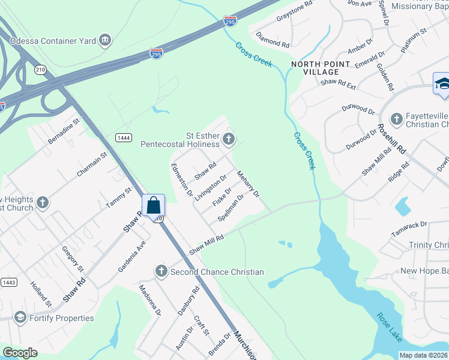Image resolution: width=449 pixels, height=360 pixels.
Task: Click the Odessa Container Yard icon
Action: coord(106,40)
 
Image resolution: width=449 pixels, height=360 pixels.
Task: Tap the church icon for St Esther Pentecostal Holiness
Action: coord(228,140)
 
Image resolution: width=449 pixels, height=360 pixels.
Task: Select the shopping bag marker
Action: coord(154,205)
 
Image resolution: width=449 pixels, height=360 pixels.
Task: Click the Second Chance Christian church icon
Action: coord(161,272)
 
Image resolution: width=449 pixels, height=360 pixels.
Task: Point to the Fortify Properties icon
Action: coord(20,317)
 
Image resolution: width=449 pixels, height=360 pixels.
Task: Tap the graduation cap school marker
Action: coord(442,83)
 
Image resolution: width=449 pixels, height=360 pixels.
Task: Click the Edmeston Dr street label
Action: coord(181,181)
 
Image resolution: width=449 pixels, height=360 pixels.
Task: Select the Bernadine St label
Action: coord(64,131)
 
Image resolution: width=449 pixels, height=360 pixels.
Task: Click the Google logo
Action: coord(20,353)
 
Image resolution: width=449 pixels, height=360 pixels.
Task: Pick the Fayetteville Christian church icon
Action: coord(396,119)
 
